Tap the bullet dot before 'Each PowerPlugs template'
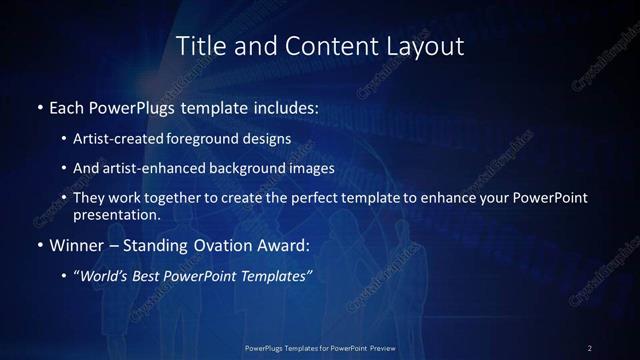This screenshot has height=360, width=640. [x=39, y=106]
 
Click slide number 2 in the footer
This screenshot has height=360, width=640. [x=590, y=348]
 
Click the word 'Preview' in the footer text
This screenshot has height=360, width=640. [x=377, y=348]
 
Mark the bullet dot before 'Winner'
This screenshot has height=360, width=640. [x=39, y=245]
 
